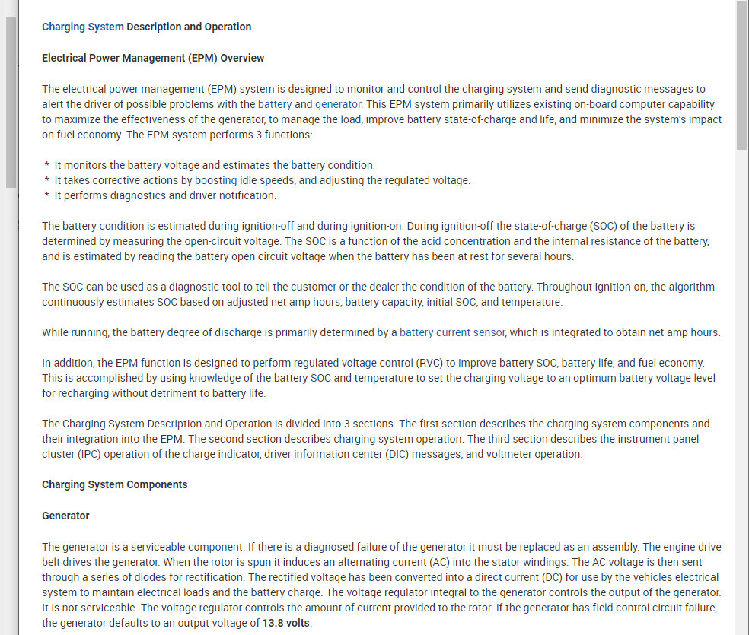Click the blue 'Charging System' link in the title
click(82, 27)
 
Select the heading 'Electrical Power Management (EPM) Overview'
click(153, 58)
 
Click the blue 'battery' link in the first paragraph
click(275, 104)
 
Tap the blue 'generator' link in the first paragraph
click(338, 104)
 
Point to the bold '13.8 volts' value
click(287, 624)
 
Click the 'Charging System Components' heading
click(114, 484)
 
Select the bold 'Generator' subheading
click(65, 516)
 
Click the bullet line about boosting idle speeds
click(263, 180)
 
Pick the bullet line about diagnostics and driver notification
click(165, 195)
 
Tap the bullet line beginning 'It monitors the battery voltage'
click(215, 165)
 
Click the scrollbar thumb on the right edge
click(741, 76)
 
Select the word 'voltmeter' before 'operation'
click(510, 454)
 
